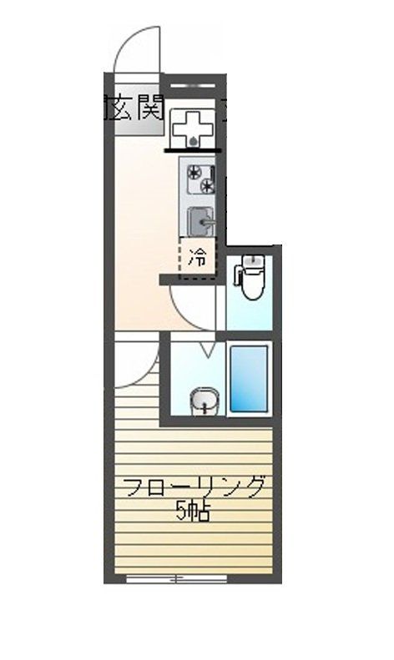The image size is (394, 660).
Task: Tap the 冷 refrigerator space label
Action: (197, 256)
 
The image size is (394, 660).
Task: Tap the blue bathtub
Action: (249, 378)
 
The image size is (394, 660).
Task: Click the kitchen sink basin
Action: (199, 221)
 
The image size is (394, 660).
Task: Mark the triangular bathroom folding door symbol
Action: (205, 349)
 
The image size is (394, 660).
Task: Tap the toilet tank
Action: (250, 265)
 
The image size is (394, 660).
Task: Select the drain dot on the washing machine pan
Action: (194, 141)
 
